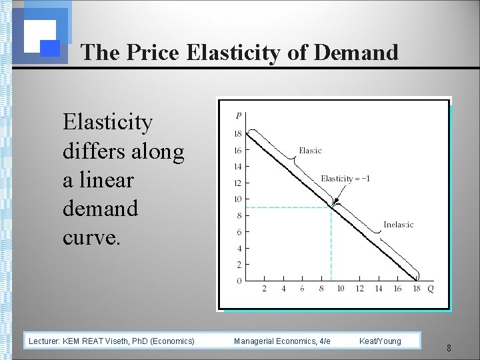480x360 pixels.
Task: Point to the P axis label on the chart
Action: (x=239, y=116)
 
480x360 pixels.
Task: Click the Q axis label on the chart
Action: (x=430, y=289)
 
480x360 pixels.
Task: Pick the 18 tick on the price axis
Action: (x=237, y=134)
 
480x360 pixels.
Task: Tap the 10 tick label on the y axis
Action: (x=237, y=199)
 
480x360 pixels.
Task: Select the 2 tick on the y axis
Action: (x=239, y=265)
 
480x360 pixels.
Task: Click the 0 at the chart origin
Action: (x=239, y=281)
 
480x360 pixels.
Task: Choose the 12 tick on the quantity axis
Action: (x=359, y=289)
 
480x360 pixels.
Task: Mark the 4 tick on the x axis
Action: (x=283, y=289)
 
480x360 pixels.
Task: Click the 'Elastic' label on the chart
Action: (x=310, y=151)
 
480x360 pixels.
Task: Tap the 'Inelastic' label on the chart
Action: (x=398, y=225)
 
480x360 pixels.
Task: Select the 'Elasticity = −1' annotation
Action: (x=345, y=179)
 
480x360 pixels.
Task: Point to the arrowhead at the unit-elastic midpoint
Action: (x=334, y=203)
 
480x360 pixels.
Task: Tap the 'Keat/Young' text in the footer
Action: (x=380, y=341)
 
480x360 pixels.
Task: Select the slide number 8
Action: (x=449, y=348)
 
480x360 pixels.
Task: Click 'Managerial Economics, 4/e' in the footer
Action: (x=282, y=341)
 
